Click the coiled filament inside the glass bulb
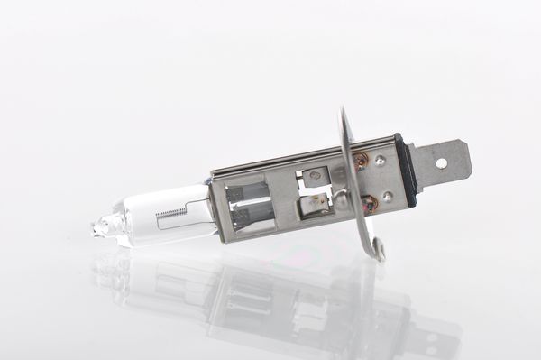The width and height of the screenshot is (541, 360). pyautogui.click(x=170, y=214)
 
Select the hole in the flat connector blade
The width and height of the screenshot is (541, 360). pyautogui.click(x=441, y=162)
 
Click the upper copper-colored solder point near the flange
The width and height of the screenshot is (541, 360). pyautogui.click(x=361, y=162)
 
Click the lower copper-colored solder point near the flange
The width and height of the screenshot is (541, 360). pyautogui.click(x=369, y=204)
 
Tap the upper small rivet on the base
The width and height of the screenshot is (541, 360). pyautogui.click(x=381, y=161)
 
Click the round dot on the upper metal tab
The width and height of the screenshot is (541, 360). pyautogui.click(x=315, y=175)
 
